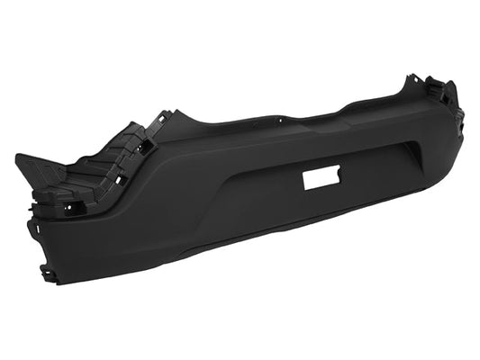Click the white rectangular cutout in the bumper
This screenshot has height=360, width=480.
[321, 177]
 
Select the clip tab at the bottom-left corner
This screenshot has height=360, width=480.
[47, 273]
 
